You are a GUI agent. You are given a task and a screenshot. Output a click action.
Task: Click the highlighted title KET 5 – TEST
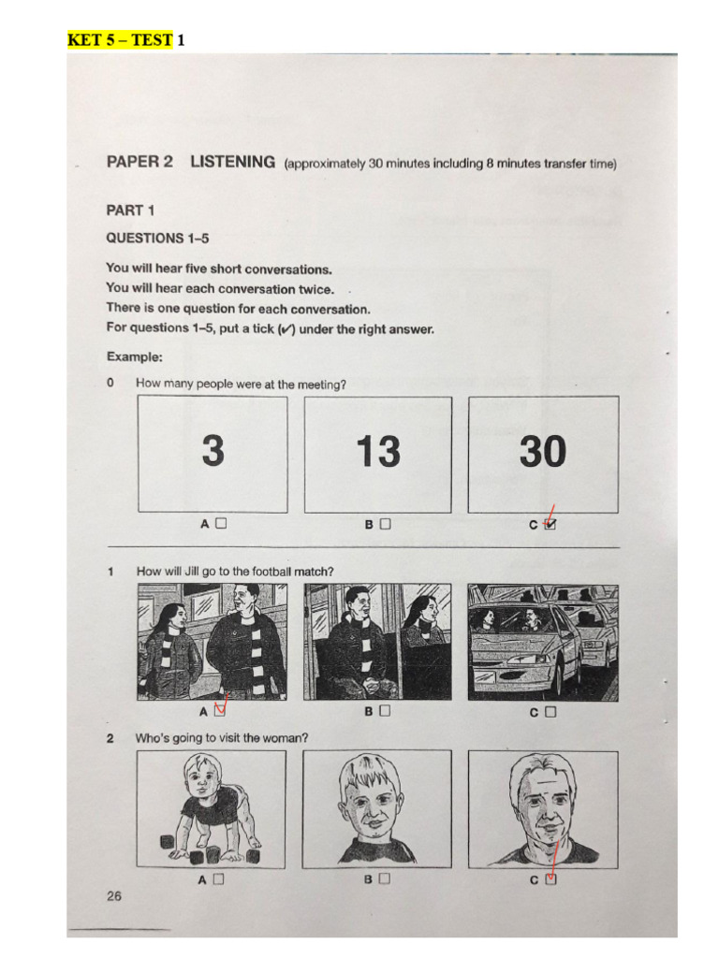tap(119, 39)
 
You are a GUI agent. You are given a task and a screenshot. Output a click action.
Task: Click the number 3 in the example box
tap(213, 453)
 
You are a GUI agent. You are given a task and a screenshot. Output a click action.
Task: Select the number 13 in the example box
tap(377, 453)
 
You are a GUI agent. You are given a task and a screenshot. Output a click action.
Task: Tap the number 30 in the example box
tap(543, 453)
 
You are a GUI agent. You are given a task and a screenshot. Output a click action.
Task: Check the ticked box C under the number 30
tap(550, 525)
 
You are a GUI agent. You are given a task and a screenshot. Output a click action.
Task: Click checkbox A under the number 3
tap(221, 524)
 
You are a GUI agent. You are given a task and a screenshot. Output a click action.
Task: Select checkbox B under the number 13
tap(385, 524)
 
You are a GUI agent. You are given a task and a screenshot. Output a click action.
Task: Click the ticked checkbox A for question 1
tap(221, 711)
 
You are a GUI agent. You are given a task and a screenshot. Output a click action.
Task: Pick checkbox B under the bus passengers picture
tap(385, 711)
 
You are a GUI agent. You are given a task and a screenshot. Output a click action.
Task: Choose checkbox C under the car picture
tap(550, 711)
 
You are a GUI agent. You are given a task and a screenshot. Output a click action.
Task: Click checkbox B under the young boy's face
tap(384, 878)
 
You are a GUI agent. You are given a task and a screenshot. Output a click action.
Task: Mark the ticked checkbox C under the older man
tap(550, 878)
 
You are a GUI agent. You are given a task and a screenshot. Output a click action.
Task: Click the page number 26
tap(114, 896)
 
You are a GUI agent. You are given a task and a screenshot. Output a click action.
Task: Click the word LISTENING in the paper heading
tap(232, 162)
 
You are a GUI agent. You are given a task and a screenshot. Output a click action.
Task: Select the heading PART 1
tap(131, 210)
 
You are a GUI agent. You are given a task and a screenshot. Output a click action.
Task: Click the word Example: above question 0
tap(134, 356)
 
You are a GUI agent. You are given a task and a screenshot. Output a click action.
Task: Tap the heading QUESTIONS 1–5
tap(157, 238)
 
